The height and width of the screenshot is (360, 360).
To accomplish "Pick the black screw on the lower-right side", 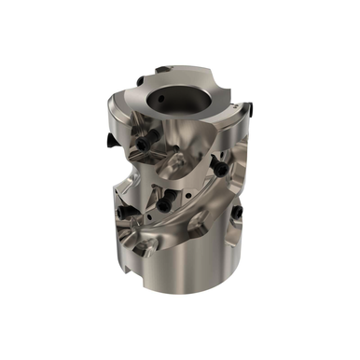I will (234, 213).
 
